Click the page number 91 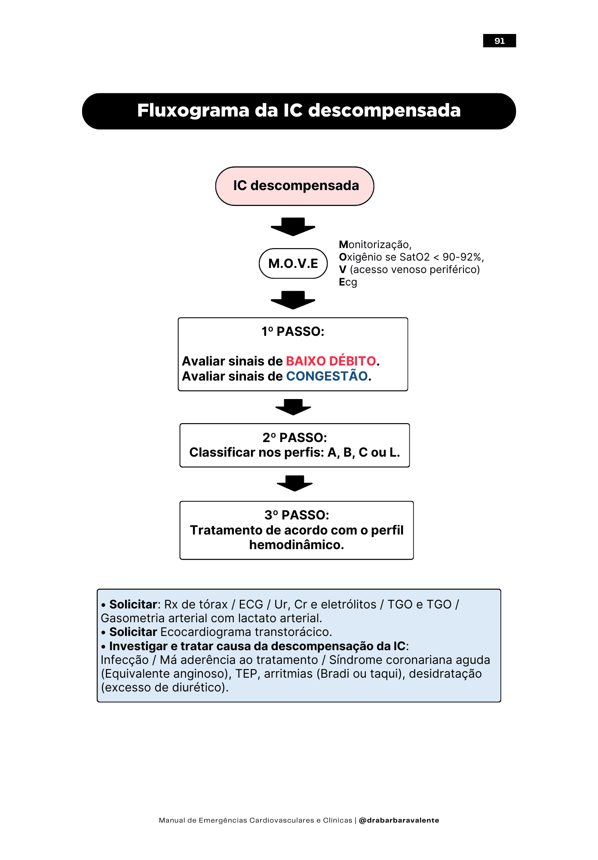(x=499, y=41)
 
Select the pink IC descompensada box (x=294, y=186)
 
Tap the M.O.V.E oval (x=293, y=263)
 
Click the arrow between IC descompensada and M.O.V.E (x=293, y=227)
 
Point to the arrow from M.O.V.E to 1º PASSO (x=293, y=300)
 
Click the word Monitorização (x=374, y=245)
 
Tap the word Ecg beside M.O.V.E (x=348, y=282)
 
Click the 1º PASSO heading (x=293, y=332)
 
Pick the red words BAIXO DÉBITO (x=331, y=361)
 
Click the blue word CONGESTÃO (x=327, y=376)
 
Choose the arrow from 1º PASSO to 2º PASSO (x=293, y=407)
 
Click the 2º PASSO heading (x=294, y=437)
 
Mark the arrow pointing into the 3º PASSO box (x=294, y=483)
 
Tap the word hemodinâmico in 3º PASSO (x=296, y=545)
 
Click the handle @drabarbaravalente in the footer (x=399, y=820)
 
